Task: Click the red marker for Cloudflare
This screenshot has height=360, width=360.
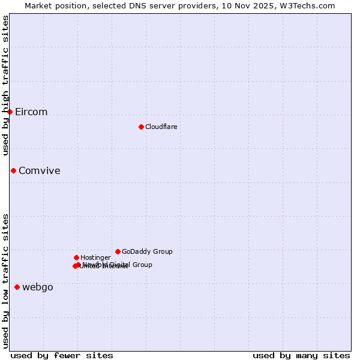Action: pyautogui.click(x=141, y=127)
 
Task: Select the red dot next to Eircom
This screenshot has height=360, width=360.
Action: pyautogui.click(x=10, y=112)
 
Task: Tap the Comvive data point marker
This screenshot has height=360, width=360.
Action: pyautogui.click(x=13, y=170)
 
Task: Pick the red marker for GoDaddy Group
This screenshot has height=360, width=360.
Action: pyautogui.click(x=118, y=251)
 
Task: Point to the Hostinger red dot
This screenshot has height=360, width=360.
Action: pyautogui.click(x=76, y=257)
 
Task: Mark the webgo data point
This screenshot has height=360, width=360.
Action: pyautogui.click(x=17, y=287)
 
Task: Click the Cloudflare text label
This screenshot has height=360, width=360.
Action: pyautogui.click(x=161, y=127)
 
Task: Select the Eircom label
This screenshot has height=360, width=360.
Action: pyautogui.click(x=31, y=112)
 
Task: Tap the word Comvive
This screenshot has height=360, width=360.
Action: pyautogui.click(x=39, y=171)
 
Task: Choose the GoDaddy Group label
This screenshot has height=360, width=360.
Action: pyautogui.click(x=147, y=251)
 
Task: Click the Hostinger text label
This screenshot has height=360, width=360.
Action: pyautogui.click(x=95, y=257)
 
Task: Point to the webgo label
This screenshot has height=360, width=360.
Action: pyautogui.click(x=38, y=287)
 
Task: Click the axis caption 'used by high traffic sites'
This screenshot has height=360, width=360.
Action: pyautogui.click(x=6, y=86)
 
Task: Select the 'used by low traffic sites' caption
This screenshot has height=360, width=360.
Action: pyautogui.click(x=6, y=280)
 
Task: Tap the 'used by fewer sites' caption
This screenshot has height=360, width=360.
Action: pyautogui.click(x=62, y=355)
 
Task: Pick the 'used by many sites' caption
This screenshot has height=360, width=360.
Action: pyautogui.click(x=301, y=355)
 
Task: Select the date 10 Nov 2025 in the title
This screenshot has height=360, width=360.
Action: pyautogui.click(x=253, y=5)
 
